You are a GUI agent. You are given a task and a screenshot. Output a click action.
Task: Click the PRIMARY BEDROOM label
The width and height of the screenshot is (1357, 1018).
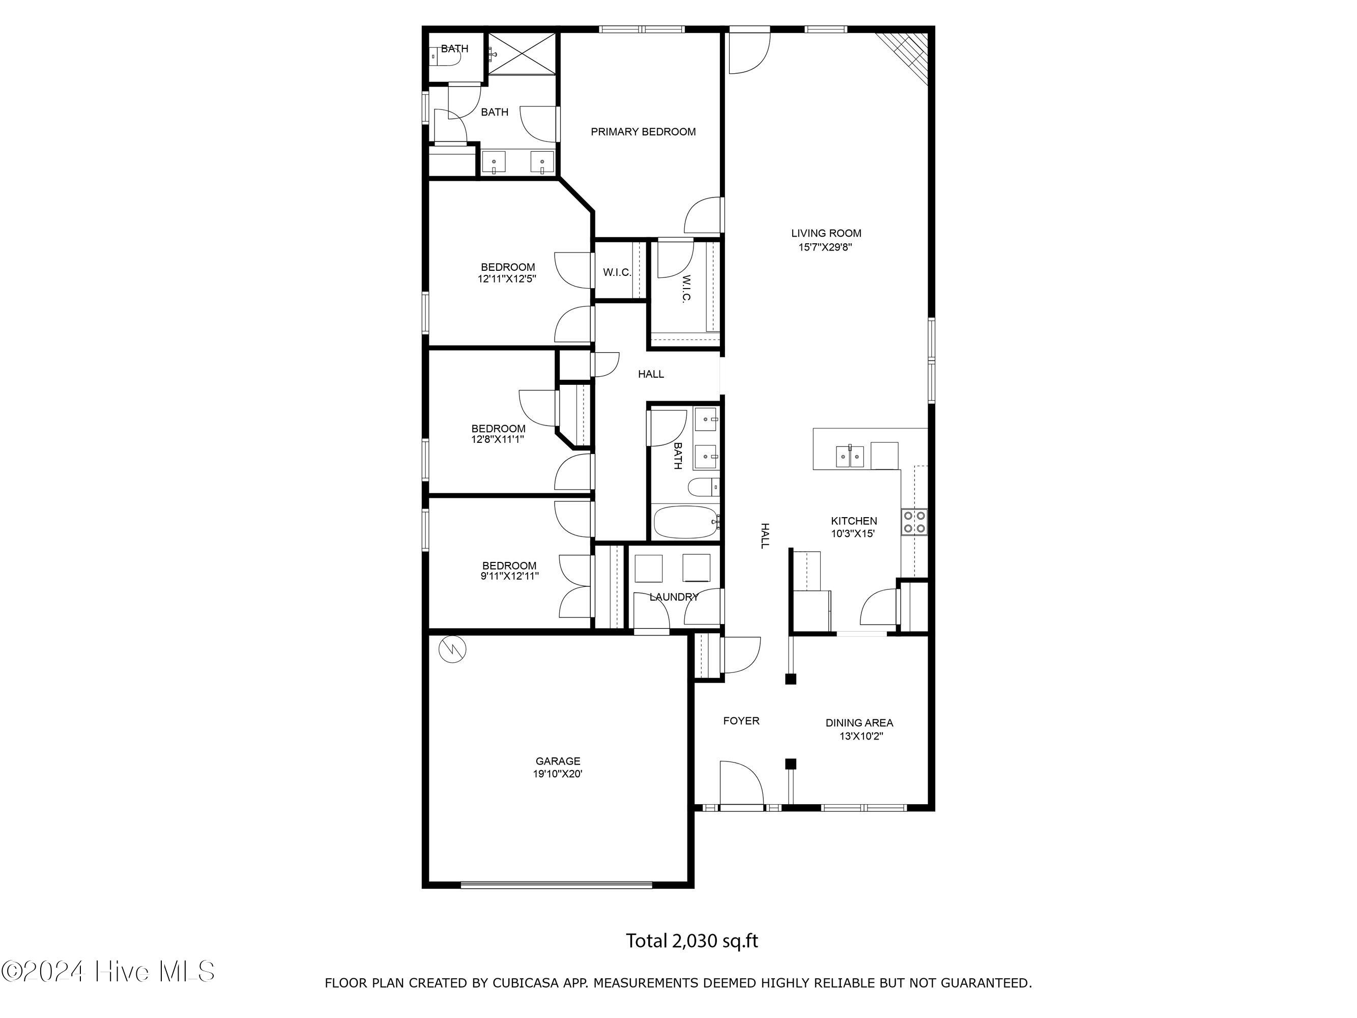[x=643, y=132]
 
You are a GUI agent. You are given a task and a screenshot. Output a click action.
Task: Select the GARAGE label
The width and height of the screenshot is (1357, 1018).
[x=558, y=761]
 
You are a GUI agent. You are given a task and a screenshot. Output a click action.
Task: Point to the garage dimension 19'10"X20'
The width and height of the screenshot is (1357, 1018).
[x=558, y=774]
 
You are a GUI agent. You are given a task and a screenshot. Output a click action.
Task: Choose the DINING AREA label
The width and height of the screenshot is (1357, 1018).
[x=859, y=723]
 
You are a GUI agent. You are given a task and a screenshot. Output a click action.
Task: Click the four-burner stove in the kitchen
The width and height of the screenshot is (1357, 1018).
[x=914, y=522]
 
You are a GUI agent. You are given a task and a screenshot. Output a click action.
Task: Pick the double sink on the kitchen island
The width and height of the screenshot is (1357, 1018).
[x=850, y=456]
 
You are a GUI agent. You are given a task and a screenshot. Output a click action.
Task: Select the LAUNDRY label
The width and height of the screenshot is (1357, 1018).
[x=674, y=597]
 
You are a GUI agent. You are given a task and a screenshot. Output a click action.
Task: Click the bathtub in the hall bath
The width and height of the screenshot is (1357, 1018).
[x=685, y=522]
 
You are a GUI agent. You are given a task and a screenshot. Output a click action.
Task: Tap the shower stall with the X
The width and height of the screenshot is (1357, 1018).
[x=522, y=54]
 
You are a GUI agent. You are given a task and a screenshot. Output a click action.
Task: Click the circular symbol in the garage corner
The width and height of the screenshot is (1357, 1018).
[x=453, y=649]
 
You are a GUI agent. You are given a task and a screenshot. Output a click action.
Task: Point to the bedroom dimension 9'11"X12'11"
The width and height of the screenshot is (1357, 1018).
[x=510, y=576]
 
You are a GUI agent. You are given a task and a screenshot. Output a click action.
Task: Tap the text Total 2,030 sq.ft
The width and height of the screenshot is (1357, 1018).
[x=691, y=941]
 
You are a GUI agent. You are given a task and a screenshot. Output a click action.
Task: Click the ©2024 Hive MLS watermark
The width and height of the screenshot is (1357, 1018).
[x=108, y=971]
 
